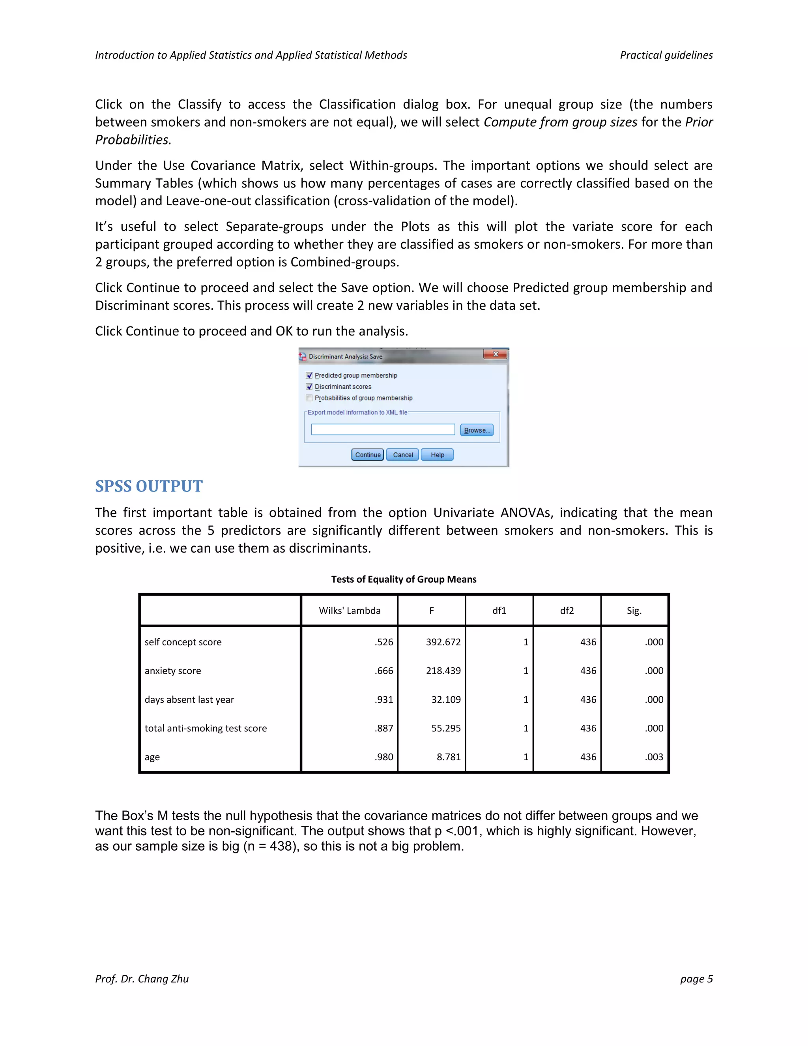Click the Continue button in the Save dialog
[367, 454]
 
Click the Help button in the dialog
[437, 454]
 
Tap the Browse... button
[476, 430]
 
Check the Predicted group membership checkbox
[309, 375]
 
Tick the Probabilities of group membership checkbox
[309, 398]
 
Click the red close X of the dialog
[496, 354]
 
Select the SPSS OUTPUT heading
[149, 486]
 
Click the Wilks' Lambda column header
[350, 611]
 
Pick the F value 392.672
[443, 642]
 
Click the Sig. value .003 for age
[654, 757]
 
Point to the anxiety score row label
[173, 671]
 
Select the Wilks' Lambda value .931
[384, 699]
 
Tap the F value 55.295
[446, 728]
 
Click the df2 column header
[567, 611]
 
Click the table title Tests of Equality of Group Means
[404, 579]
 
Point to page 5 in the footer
[696, 979]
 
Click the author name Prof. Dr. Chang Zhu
[142, 979]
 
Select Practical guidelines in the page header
[666, 55]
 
